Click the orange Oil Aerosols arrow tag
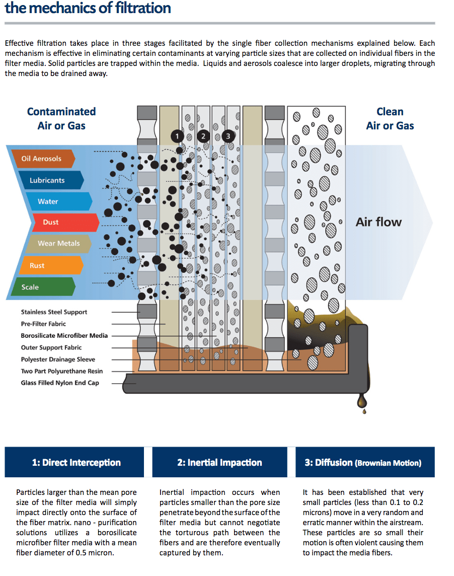click(x=42, y=159)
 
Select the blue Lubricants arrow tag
click(x=48, y=180)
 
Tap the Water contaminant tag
click(x=49, y=201)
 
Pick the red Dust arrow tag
click(x=51, y=222)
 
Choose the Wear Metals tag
click(x=58, y=243)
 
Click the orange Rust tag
click(x=38, y=265)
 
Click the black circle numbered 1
click(x=177, y=136)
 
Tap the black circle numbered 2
click(x=203, y=136)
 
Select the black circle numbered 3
click(x=228, y=136)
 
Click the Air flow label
click(x=379, y=222)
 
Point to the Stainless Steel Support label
click(x=54, y=312)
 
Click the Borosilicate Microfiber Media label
click(x=64, y=335)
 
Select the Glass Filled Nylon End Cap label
click(x=60, y=383)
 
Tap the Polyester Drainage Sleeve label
click(x=58, y=359)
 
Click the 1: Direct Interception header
click(x=77, y=462)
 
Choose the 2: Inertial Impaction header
click(x=219, y=462)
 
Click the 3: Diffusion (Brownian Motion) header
click(x=362, y=462)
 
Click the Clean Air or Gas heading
click(x=390, y=119)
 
